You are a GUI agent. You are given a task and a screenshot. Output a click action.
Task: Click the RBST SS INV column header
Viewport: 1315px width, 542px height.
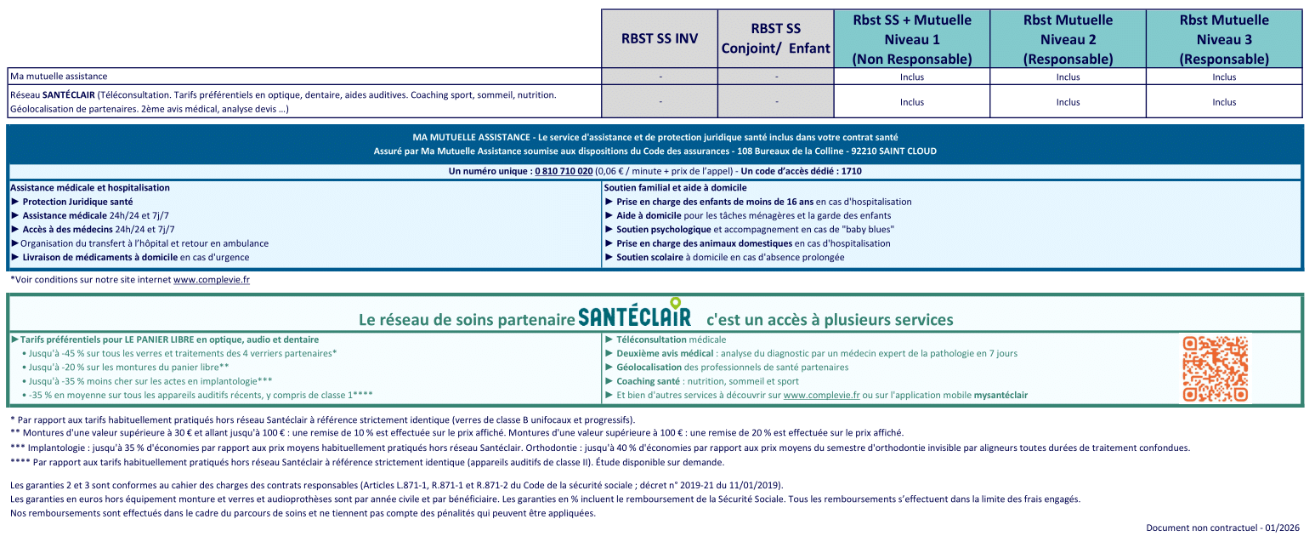(x=660, y=39)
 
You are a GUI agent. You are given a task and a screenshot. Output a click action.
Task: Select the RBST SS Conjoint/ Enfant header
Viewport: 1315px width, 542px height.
(x=775, y=39)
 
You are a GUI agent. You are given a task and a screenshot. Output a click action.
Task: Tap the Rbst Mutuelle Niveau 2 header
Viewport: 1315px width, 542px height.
(x=1068, y=39)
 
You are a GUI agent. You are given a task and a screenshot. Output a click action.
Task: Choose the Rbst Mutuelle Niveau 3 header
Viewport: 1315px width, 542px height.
(x=1224, y=39)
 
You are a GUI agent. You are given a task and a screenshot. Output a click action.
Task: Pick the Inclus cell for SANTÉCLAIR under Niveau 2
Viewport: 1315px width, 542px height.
(x=1068, y=102)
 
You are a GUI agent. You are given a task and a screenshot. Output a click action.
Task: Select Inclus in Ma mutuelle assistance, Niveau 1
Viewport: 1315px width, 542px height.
(x=911, y=77)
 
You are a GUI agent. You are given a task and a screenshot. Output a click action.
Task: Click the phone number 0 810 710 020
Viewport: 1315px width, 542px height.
(x=562, y=171)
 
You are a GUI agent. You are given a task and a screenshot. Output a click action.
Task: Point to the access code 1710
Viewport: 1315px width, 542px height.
(x=850, y=171)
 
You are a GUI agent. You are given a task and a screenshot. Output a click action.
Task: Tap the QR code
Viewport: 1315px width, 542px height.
(x=1215, y=368)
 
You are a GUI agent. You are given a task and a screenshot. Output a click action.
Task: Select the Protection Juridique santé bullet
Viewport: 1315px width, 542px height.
(x=77, y=202)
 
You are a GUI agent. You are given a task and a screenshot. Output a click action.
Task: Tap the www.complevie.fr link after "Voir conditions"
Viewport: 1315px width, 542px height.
(x=212, y=279)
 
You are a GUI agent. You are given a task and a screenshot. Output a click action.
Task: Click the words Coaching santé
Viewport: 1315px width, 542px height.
(x=648, y=381)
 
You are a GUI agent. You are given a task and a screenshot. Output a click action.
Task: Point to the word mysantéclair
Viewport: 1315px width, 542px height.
(x=1000, y=395)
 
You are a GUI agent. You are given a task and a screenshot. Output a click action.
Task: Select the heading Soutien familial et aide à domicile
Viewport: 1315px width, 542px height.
(x=675, y=187)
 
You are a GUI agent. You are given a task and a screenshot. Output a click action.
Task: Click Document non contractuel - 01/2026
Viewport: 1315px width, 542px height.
(x=1222, y=528)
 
